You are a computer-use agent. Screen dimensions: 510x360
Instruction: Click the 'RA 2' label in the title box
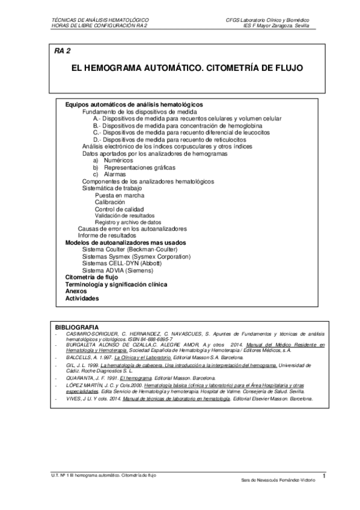61,52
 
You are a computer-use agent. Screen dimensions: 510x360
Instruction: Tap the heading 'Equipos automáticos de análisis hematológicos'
133,105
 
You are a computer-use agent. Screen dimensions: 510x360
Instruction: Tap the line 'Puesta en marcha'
119,195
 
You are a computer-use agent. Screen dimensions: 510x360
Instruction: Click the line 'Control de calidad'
120,209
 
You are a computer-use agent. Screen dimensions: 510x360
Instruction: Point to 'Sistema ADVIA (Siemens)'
118,271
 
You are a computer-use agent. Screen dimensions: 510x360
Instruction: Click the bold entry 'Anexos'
75,291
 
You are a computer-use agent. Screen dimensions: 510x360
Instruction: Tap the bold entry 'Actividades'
82,298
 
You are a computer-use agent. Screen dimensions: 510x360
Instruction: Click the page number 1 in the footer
324,476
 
